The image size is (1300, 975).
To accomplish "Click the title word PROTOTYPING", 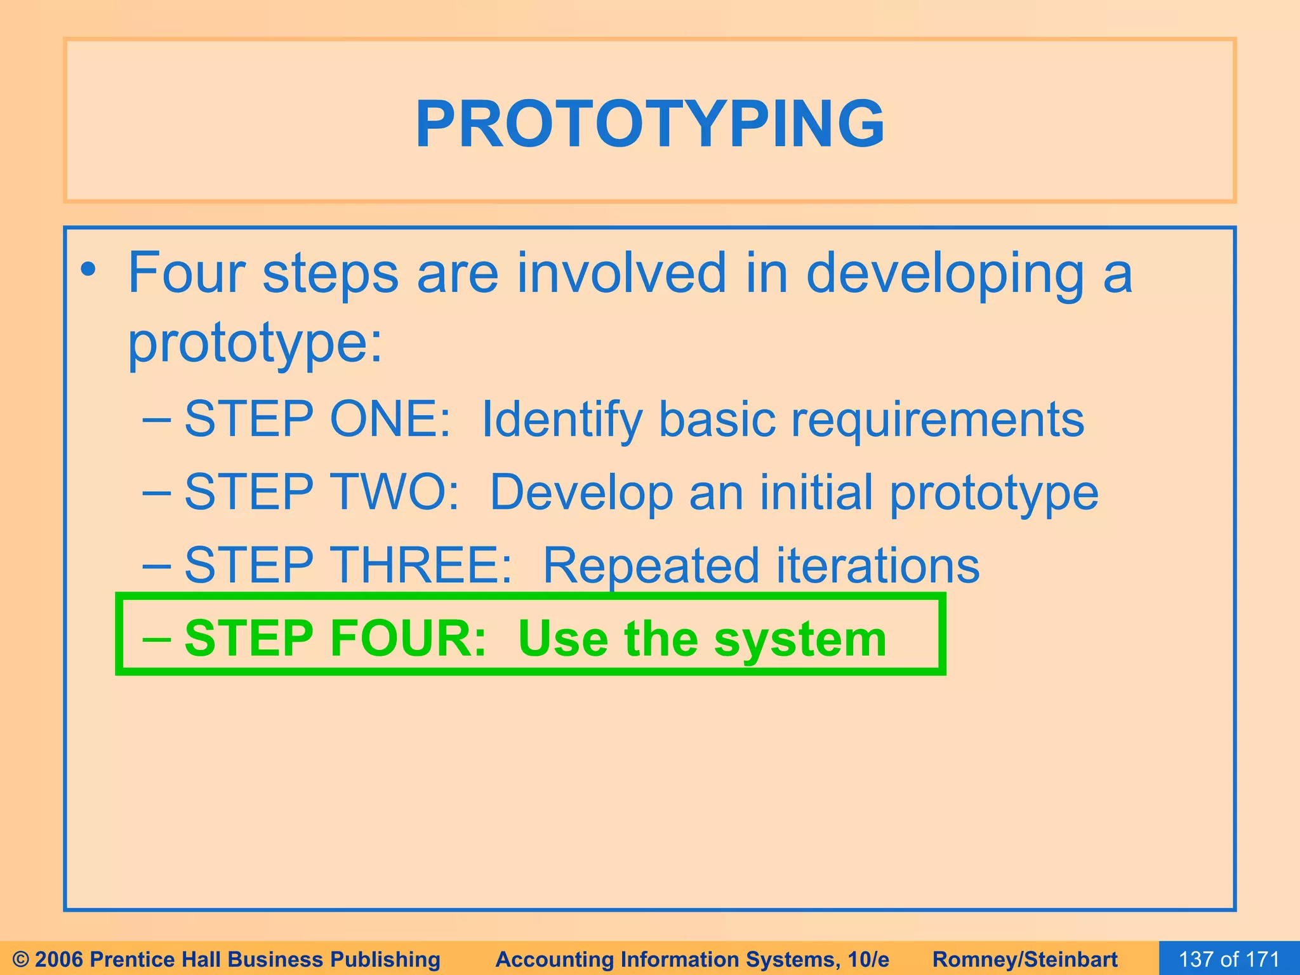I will click(x=650, y=124).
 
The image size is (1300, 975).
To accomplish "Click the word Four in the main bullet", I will click(x=187, y=273).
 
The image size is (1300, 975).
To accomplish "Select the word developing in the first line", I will click(x=946, y=274).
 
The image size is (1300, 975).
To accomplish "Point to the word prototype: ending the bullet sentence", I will click(x=255, y=343).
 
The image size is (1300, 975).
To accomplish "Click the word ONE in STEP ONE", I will click(x=390, y=419).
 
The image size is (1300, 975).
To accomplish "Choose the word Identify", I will click(x=562, y=420).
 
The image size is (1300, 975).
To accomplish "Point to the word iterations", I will click(x=878, y=565).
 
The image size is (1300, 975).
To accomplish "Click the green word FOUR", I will click(x=408, y=638).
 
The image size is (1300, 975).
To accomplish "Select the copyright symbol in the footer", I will click(x=21, y=959).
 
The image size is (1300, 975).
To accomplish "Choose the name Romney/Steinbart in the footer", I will click(x=1025, y=959).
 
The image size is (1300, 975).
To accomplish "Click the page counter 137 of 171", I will click(x=1229, y=959).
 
